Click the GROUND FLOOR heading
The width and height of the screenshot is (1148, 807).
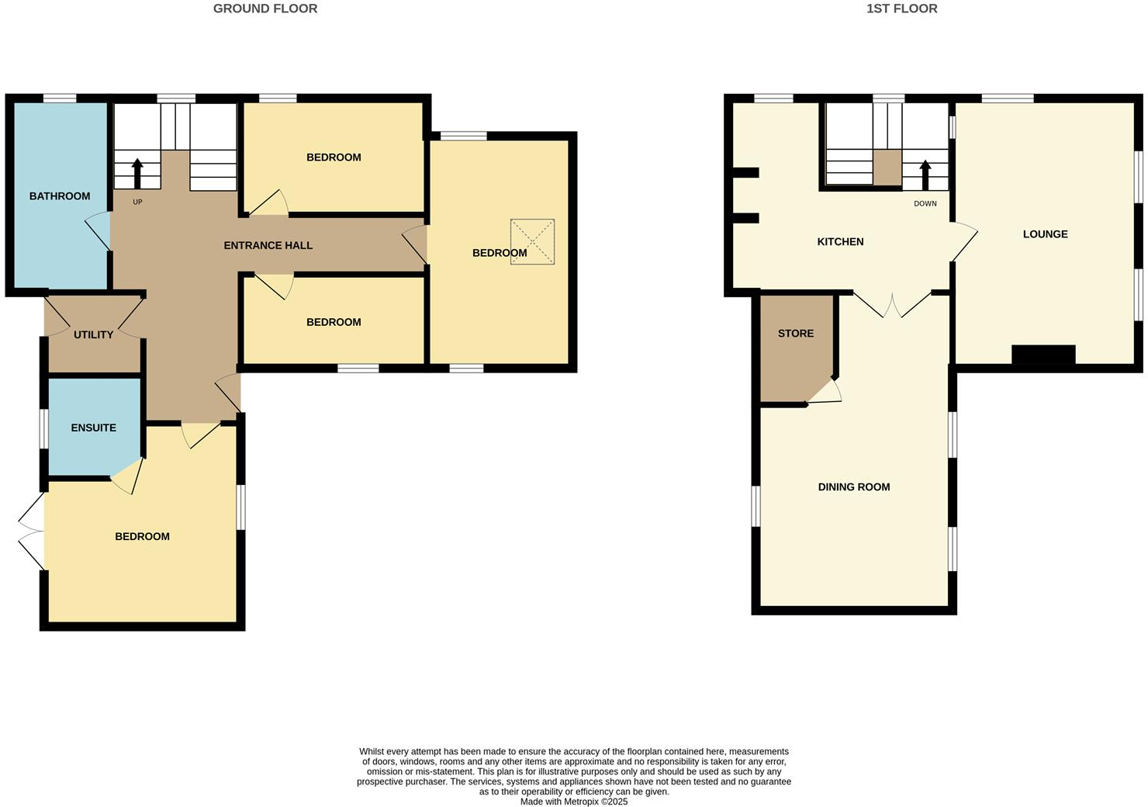(265, 9)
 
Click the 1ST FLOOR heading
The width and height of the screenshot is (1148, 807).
(901, 9)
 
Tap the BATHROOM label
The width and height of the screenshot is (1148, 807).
(60, 196)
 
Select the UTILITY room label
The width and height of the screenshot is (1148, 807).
(93, 335)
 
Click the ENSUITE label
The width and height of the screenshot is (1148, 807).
(93, 428)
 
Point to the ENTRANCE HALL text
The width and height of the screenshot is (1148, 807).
(268, 245)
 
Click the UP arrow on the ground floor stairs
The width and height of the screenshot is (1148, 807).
(137, 173)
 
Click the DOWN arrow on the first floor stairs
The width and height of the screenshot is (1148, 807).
(925, 175)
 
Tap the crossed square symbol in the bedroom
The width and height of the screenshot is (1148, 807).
(532, 242)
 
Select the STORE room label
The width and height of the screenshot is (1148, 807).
(796, 334)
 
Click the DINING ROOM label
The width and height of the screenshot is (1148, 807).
(853, 487)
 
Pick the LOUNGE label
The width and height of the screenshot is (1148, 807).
(1045, 234)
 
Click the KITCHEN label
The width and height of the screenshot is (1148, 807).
(840, 242)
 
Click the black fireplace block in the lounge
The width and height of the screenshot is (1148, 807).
(1043, 355)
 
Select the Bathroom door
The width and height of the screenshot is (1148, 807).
(99, 230)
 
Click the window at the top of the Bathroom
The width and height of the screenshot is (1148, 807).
(60, 98)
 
